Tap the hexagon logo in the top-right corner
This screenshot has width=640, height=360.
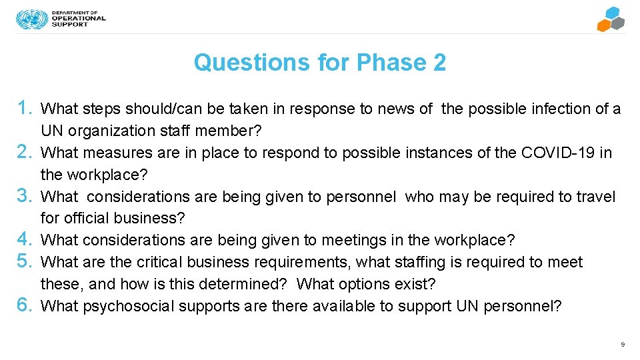pyautogui.click(x=610, y=19)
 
